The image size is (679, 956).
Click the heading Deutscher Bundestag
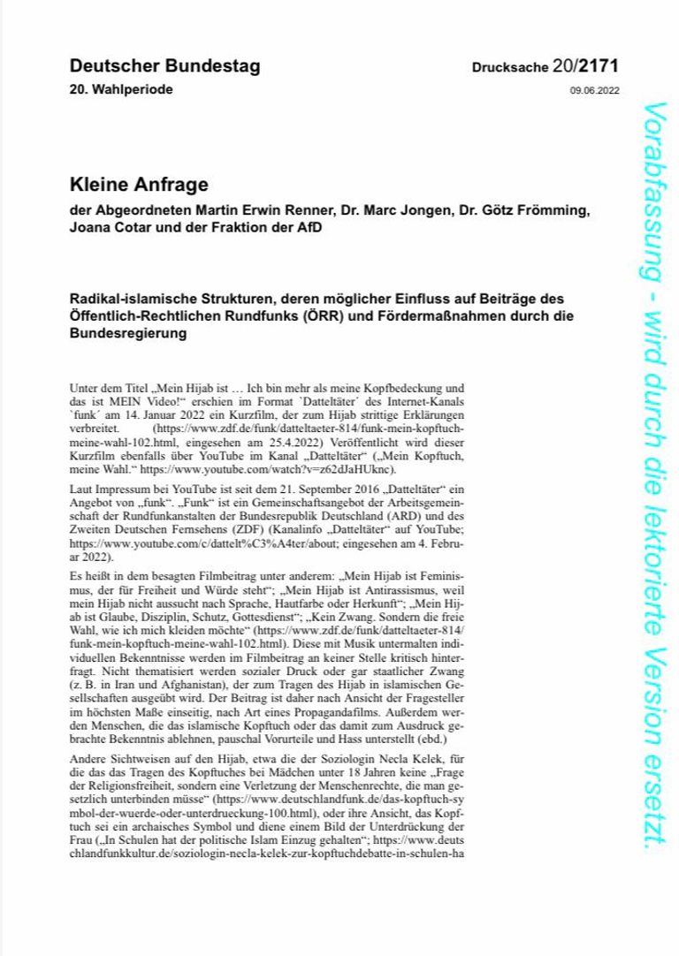[164, 66]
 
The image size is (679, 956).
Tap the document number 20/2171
[584, 66]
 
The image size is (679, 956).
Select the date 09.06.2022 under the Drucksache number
[595, 91]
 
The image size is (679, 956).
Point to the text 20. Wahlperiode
[121, 90]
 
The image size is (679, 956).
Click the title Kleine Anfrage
[139, 185]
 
